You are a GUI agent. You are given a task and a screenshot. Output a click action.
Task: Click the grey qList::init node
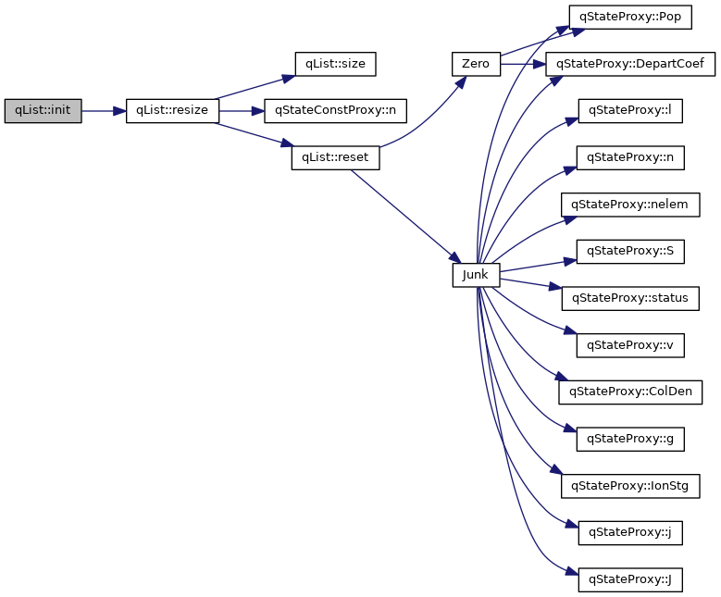pyautogui.click(x=43, y=111)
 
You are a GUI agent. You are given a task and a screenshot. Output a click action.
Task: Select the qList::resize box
pyautogui.click(x=172, y=111)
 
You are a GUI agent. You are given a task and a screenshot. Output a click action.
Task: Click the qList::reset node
pyautogui.click(x=334, y=157)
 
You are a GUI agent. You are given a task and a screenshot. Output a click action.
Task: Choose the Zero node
pyautogui.click(x=476, y=64)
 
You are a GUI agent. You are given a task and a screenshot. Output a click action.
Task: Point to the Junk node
pyautogui.click(x=476, y=275)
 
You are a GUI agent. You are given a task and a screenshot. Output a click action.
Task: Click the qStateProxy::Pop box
pyautogui.click(x=630, y=17)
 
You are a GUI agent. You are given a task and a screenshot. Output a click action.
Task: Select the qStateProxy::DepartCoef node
pyautogui.click(x=630, y=64)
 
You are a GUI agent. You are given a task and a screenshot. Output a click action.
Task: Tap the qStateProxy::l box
pyautogui.click(x=630, y=111)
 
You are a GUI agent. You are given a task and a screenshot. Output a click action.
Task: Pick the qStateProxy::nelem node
pyautogui.click(x=630, y=205)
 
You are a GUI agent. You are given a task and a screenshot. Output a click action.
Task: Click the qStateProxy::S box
pyautogui.click(x=630, y=252)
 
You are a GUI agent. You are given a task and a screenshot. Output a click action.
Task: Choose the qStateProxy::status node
pyautogui.click(x=630, y=298)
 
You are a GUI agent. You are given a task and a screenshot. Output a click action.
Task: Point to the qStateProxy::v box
pyautogui.click(x=630, y=345)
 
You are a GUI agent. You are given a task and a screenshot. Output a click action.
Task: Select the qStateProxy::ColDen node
pyautogui.click(x=630, y=392)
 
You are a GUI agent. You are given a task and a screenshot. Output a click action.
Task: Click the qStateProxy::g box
pyautogui.click(x=630, y=439)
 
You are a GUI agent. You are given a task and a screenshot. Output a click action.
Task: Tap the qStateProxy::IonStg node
pyautogui.click(x=630, y=486)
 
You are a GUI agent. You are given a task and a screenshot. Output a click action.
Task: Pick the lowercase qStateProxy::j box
pyautogui.click(x=630, y=533)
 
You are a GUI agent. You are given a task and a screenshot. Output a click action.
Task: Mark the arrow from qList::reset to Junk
pyautogui.click(x=404, y=215)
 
